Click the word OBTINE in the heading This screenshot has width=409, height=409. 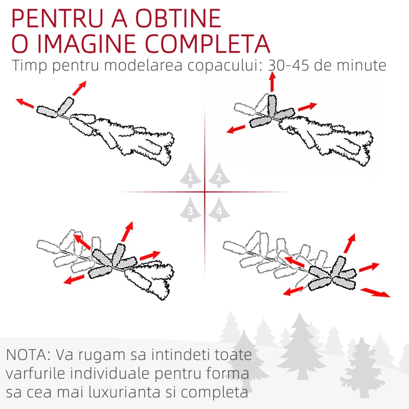point(178,18)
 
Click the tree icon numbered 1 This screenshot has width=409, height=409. point(190,175)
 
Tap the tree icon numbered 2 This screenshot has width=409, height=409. point(219,175)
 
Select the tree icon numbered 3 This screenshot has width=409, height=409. point(190,210)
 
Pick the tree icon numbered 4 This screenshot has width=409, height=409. point(219,210)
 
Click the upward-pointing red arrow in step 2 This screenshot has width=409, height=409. point(272,82)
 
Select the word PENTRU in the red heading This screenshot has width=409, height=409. point(57,18)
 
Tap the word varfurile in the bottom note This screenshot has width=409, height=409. point(35,373)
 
